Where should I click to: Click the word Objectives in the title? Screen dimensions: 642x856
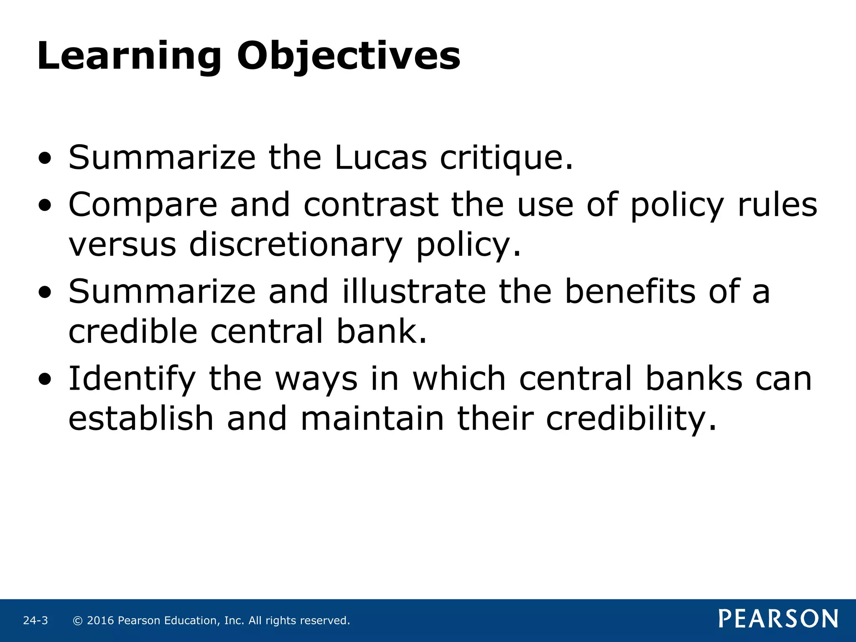(x=349, y=57)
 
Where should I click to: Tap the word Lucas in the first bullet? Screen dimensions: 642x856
(x=381, y=158)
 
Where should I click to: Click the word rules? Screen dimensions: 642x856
(x=777, y=205)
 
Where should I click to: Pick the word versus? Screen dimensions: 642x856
(x=122, y=245)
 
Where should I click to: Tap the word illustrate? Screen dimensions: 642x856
(x=414, y=291)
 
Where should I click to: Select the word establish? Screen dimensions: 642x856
(x=141, y=419)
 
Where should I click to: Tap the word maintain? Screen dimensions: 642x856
(x=372, y=419)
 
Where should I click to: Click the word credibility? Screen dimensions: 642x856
(x=631, y=420)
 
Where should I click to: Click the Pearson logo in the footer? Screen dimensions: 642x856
(x=778, y=619)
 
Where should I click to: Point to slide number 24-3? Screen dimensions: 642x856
(x=36, y=621)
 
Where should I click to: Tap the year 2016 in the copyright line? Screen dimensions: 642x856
(x=100, y=621)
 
